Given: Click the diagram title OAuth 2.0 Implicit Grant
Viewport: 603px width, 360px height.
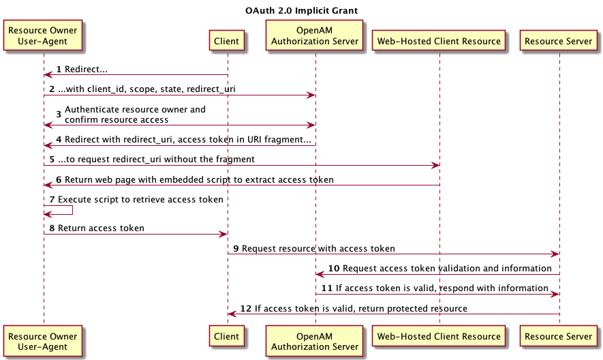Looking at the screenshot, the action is click(301, 10).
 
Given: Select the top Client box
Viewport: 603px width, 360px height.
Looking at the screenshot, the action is click(226, 40).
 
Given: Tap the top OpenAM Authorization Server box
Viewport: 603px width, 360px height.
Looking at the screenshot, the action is click(314, 35).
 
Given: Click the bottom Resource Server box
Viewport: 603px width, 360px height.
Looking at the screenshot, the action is click(558, 335).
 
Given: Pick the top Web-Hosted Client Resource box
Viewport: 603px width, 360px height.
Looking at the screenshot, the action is click(439, 40).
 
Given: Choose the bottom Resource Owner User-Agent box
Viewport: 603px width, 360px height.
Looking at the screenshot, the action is click(43, 341).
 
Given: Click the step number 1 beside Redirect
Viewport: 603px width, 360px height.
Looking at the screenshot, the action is click(59, 70).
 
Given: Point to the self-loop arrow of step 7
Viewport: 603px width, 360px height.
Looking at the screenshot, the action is click(72, 210).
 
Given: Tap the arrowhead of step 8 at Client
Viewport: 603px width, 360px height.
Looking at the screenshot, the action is click(223, 234).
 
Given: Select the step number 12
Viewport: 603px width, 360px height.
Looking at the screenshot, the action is click(246, 308).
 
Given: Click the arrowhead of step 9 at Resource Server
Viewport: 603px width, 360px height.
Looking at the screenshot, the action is click(555, 254).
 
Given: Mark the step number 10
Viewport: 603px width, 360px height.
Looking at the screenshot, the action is click(333, 269).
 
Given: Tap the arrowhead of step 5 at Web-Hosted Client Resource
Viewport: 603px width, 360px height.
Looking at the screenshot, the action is click(435, 166).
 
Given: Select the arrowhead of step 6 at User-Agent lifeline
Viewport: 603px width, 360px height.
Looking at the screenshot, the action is click(48, 185).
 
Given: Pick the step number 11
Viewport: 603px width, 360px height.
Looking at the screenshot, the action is click(326, 288).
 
